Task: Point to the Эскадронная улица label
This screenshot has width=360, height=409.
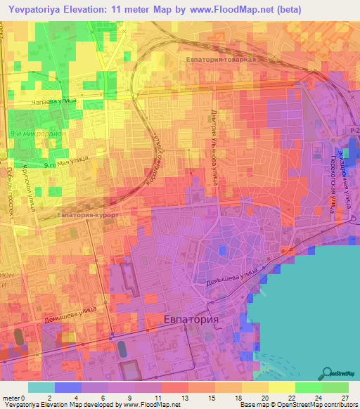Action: [342, 176]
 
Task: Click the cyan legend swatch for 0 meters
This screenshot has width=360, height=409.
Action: [41, 387]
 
